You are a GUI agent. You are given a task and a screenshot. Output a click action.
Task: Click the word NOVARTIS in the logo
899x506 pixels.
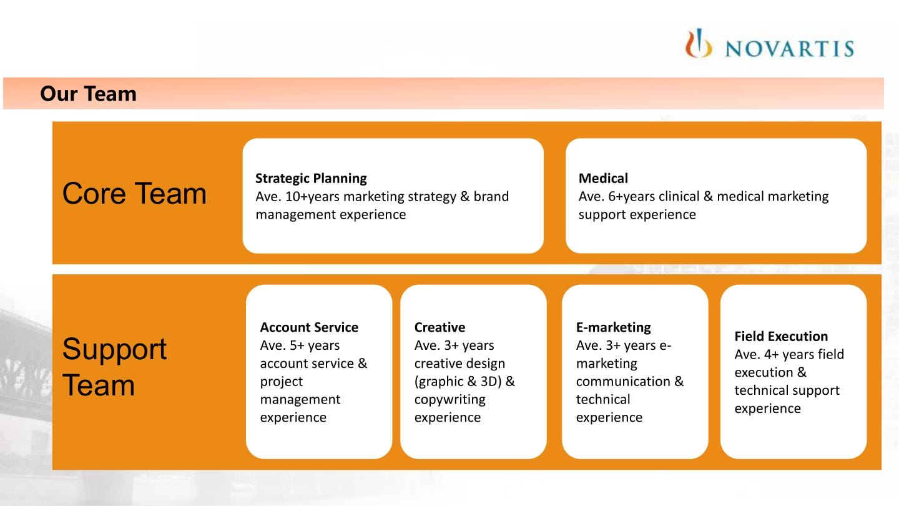tap(789, 49)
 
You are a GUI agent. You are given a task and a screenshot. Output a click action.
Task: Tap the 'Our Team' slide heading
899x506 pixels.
tap(88, 94)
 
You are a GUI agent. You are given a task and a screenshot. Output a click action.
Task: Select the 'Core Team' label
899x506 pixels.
tap(134, 194)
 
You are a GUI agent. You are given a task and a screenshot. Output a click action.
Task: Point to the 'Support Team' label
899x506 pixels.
tap(114, 367)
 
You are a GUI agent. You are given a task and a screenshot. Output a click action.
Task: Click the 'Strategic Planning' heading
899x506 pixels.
tap(311, 178)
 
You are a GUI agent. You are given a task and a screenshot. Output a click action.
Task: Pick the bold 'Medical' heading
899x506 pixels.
tap(603, 178)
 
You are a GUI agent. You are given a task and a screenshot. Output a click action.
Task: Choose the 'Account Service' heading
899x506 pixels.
tap(309, 327)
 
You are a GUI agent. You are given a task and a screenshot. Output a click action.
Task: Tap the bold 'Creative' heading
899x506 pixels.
tap(440, 327)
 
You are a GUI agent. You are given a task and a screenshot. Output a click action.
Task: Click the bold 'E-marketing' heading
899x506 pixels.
tap(614, 327)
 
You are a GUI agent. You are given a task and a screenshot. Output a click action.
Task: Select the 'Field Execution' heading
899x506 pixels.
tap(781, 335)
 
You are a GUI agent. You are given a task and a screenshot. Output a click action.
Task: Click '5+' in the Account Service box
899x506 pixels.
tap(297, 345)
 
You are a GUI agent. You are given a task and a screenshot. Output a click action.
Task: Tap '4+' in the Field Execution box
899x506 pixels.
tap(772, 354)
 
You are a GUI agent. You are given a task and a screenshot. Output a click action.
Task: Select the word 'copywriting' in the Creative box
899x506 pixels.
tap(450, 400)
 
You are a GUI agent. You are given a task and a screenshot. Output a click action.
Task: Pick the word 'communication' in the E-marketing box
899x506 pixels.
tap(623, 381)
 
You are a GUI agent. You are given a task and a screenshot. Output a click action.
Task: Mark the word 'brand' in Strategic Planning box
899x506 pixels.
tap(491, 196)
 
